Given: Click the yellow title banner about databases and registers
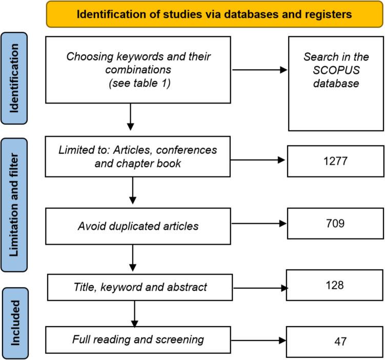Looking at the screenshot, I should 214,14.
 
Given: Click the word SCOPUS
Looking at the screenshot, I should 335,69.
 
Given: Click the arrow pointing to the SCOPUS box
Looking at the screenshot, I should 260,69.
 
